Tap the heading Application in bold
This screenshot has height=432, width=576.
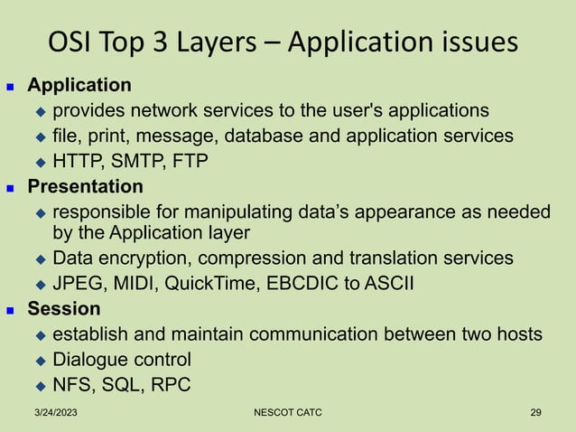tap(79, 86)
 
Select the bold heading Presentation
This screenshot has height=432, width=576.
tap(85, 187)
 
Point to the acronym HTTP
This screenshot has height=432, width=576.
tap(78, 162)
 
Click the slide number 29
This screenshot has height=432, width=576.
tap(536, 413)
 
